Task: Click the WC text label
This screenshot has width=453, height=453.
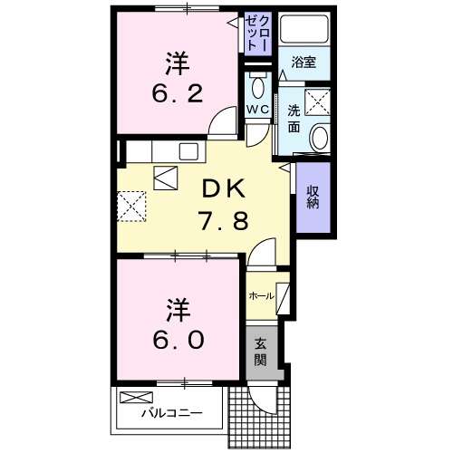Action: point(258,109)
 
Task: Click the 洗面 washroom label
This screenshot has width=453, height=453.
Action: point(294,118)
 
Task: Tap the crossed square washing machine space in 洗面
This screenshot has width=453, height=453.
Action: point(317,103)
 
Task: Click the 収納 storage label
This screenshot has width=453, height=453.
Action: point(311,198)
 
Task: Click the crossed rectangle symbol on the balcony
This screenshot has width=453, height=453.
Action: point(138,397)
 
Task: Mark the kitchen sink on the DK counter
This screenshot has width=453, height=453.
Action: point(190,149)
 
